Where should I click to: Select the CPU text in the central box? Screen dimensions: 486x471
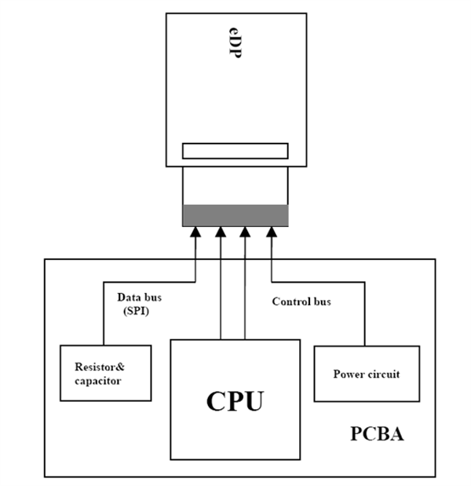click(235, 400)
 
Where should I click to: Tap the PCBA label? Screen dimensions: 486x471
click(376, 433)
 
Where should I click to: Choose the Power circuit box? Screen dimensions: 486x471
click(367, 374)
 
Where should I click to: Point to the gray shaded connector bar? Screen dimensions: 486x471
click(235, 215)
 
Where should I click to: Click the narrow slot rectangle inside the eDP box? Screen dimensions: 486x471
click(235, 151)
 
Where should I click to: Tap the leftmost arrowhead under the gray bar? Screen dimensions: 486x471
click(195, 232)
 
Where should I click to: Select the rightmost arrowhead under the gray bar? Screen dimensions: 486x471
click(272, 232)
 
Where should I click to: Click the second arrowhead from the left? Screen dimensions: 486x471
click(221, 232)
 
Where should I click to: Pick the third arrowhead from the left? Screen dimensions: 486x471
click(246, 232)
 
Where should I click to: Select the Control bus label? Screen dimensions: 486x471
click(301, 301)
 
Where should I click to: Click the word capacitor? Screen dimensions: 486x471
click(98, 381)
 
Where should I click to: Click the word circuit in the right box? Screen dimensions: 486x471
click(384, 374)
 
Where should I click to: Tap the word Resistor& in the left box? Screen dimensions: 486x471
click(100, 367)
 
